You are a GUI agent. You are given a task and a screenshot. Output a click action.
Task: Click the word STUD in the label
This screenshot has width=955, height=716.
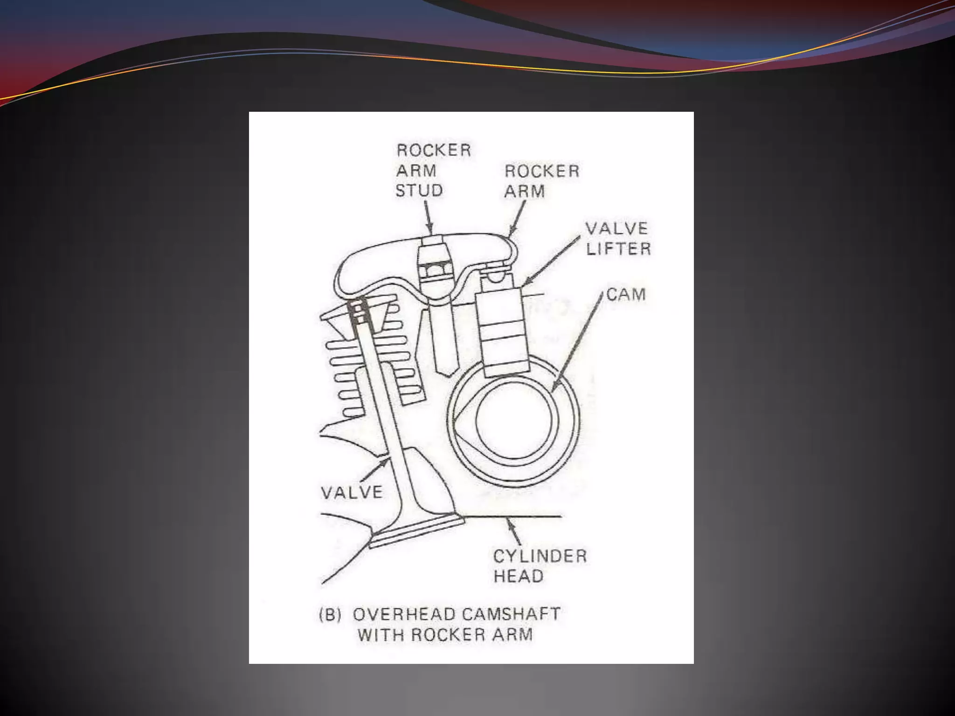coord(419,191)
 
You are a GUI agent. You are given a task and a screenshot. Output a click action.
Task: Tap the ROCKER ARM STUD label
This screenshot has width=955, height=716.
coord(433,170)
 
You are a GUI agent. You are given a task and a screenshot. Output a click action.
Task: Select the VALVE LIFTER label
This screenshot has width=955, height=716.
coord(618,239)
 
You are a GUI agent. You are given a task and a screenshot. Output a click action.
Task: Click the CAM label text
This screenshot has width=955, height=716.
coord(626,295)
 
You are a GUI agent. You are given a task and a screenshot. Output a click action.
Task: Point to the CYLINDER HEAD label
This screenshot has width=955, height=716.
coord(540,566)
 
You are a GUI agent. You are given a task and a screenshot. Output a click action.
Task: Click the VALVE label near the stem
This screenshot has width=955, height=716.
coord(352,492)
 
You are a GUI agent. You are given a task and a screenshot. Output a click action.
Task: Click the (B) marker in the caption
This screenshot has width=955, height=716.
coord(330,615)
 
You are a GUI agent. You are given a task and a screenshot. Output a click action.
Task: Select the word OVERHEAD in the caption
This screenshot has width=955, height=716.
coord(404,614)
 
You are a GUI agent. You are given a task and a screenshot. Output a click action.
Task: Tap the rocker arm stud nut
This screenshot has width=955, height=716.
coord(436,270)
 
